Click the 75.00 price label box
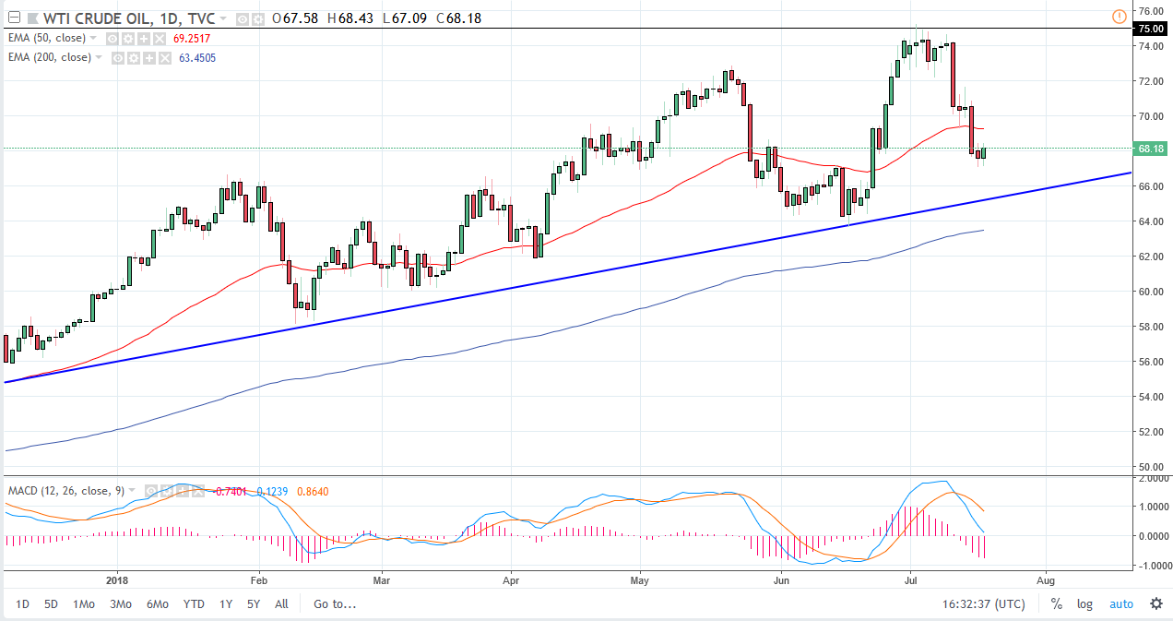tap(1149, 29)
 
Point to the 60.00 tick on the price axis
tap(1149, 292)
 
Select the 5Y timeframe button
tap(253, 604)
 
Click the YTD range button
tap(193, 604)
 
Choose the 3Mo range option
tap(120, 604)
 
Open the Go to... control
tap(335, 604)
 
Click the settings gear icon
tap(1155, 604)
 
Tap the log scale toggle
tap(1084, 604)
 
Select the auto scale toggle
tap(1120, 604)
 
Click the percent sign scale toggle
tap(1056, 604)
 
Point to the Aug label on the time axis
tap(1046, 582)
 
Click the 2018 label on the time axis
tap(118, 582)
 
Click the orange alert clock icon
tap(1120, 16)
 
